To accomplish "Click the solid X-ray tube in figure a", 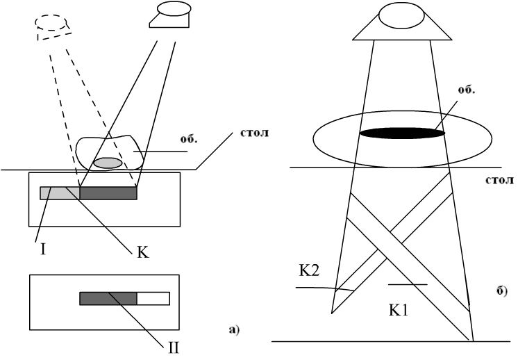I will point(169,15).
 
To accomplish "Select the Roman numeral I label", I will point(43,247).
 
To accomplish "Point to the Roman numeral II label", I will point(174,344).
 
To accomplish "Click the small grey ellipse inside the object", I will point(108,163).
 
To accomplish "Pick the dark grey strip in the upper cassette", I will point(108,193).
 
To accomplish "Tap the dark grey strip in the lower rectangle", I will point(108,298).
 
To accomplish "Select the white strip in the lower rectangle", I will point(153,298).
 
